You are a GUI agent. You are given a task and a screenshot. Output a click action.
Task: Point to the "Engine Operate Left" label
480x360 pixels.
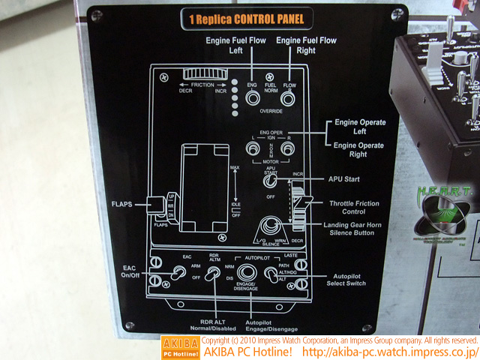[x=360, y=127]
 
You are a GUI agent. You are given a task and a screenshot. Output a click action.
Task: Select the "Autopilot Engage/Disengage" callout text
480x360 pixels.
[x=271, y=325]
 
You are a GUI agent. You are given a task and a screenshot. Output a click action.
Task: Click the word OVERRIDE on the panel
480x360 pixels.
[x=271, y=110]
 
